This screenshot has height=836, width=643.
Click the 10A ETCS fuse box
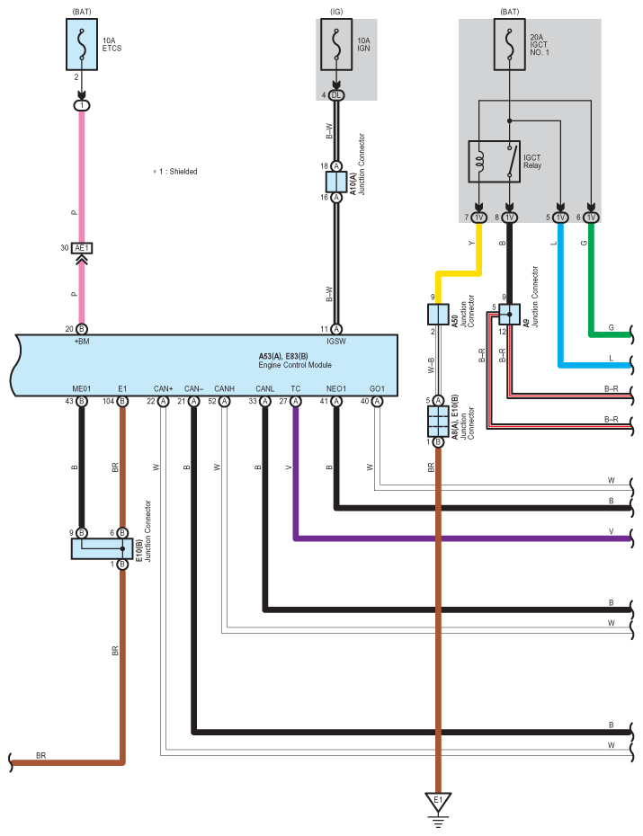point(82,44)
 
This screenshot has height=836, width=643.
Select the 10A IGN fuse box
point(336,44)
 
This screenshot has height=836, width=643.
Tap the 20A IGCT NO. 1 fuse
point(510,44)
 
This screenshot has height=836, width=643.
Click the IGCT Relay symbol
point(495,162)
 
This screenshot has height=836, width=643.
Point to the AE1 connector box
point(82,248)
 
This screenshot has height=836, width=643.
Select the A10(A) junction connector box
point(336,182)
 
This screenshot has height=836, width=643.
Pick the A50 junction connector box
point(438,314)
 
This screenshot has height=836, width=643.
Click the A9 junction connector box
point(509,315)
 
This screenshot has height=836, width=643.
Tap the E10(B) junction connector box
point(102,548)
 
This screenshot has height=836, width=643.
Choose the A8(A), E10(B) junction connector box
point(438,422)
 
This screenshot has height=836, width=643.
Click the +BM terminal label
point(82,342)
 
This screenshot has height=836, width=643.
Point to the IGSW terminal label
point(336,342)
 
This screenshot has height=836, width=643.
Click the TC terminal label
point(295,388)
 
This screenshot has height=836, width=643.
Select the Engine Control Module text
point(295,365)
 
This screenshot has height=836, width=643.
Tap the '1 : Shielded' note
point(175,171)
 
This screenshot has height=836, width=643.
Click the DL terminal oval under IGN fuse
point(336,95)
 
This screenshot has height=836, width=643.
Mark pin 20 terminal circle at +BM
point(82,329)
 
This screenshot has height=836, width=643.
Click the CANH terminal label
point(225,388)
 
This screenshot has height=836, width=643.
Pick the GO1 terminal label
point(377,388)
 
